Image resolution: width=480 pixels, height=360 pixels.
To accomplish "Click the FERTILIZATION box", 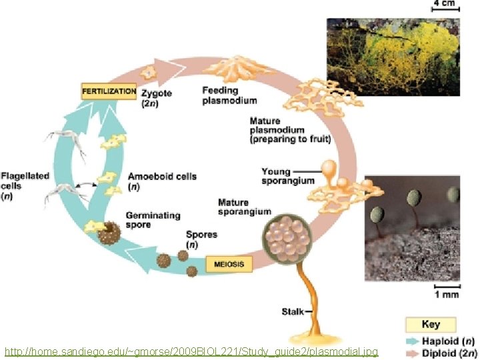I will (109, 91).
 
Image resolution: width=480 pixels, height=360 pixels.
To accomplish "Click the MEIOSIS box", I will (229, 265).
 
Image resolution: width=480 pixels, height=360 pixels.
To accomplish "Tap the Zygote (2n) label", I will (156, 98).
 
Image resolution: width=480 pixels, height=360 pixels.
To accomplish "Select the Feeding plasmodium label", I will (229, 95).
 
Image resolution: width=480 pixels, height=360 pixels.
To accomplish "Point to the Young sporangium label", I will (276, 177).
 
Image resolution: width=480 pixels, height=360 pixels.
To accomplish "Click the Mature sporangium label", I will (244, 207).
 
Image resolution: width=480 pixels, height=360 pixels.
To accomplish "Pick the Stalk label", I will (293, 311).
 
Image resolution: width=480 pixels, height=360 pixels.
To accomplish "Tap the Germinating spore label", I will (153, 220).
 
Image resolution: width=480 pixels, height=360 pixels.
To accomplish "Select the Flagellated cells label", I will (25, 186).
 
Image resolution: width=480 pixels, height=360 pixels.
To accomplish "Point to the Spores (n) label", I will (201, 240).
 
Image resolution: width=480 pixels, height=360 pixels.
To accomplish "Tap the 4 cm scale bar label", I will (445, 4).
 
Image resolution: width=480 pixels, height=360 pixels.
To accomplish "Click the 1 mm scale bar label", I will (446, 294).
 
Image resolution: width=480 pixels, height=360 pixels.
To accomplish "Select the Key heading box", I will (431, 325).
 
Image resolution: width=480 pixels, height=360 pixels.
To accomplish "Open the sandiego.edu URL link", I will (191, 351).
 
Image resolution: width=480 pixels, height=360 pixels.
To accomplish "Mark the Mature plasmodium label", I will (277, 131).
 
